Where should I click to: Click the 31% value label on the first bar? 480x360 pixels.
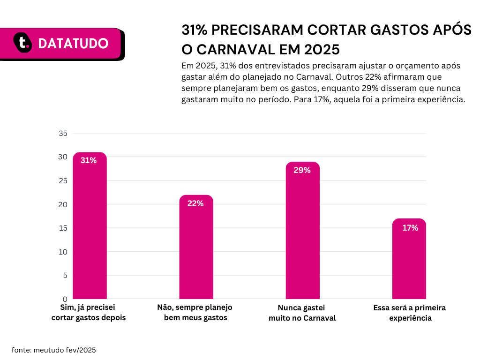[x=89, y=160]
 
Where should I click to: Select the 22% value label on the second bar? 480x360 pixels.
[x=195, y=203]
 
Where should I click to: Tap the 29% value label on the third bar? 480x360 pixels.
[x=302, y=170]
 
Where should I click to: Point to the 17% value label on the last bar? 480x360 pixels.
[x=410, y=228]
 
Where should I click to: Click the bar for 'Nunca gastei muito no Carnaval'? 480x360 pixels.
[x=303, y=230]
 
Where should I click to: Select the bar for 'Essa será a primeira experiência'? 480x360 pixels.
[x=409, y=259]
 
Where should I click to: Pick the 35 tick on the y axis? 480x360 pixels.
[x=63, y=134]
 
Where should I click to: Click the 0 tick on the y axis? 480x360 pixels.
[x=65, y=299]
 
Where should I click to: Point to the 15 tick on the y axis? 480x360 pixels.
[x=63, y=228]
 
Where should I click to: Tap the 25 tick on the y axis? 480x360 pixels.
[x=63, y=180]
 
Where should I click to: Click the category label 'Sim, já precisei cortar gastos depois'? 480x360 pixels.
[x=89, y=313]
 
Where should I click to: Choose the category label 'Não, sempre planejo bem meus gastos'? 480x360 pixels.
[x=195, y=313]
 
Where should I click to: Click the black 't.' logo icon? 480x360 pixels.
[x=22, y=43]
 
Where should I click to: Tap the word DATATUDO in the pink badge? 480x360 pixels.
[x=73, y=44]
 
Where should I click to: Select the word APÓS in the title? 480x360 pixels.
[x=452, y=30]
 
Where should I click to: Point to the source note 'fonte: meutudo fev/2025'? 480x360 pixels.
[x=54, y=350]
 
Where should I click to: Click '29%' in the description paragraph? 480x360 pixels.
[x=370, y=88]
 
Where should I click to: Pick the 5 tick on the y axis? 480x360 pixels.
[x=65, y=276]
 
